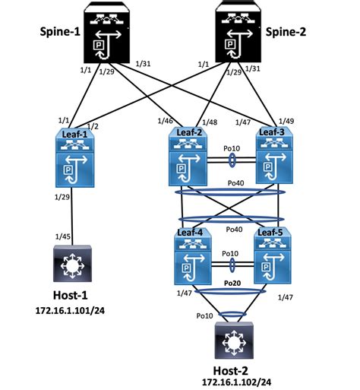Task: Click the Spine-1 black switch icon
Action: pos(106,33)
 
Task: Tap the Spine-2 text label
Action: pos(286,32)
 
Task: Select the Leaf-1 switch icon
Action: pos(74,158)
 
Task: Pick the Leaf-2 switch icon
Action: pos(188,157)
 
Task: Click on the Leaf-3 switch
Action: pos(274,155)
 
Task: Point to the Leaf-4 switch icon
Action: pos(193,256)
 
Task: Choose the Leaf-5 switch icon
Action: pos(273,255)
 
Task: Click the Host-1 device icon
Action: pos(72,263)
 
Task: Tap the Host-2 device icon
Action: pos(234,341)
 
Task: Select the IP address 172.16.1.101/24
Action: pos(70,311)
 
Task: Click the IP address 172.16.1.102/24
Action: pos(236,382)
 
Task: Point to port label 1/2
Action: pos(93,126)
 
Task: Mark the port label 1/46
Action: pos(166,121)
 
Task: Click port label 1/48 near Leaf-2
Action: pos(210,122)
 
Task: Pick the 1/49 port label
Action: pos(286,121)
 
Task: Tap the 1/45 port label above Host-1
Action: pos(63,236)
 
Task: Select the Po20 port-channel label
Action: pos(232,283)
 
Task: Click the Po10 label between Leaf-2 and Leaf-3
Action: pos(232,148)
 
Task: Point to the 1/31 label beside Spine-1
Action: pos(143,64)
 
